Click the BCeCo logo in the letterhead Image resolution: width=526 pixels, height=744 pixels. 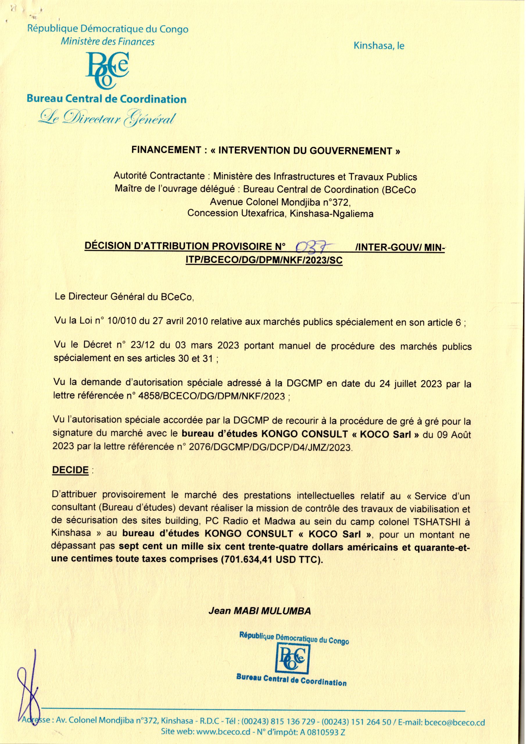tap(107, 70)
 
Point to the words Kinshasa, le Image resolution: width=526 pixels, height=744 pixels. tap(379, 46)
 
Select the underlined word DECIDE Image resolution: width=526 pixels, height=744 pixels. tap(70, 471)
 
